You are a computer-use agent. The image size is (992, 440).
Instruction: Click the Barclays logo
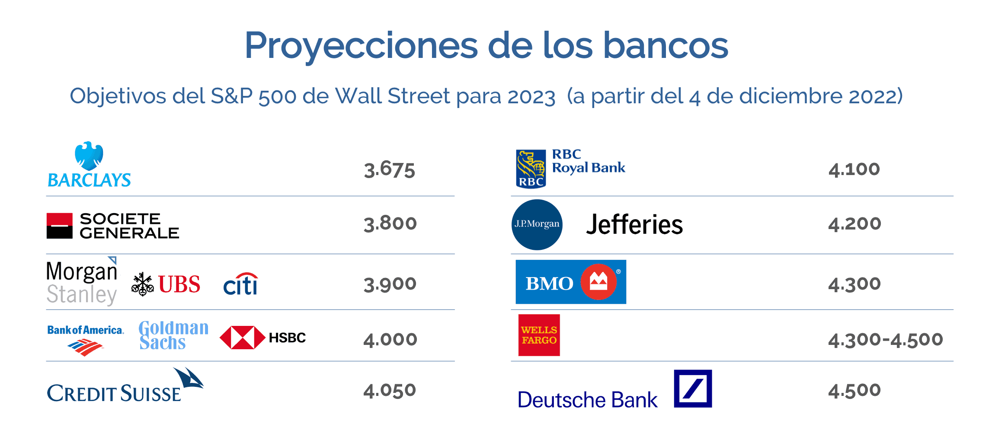coord(89,165)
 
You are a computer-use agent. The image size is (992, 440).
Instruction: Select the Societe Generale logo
coord(113,226)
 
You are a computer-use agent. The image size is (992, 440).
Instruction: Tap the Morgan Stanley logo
coord(82,281)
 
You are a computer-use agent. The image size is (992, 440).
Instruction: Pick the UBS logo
coord(166,284)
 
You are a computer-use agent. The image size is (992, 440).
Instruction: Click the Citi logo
coord(241,284)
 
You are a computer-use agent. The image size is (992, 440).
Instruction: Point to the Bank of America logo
coord(86,340)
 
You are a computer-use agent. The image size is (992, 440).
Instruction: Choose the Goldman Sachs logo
coord(173,335)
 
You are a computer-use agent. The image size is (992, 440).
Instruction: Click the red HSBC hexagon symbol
coord(242,338)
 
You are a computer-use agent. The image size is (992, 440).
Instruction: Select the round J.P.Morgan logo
coord(537,224)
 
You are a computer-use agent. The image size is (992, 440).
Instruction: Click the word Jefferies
coord(634,224)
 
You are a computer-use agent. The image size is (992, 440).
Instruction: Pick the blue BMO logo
coord(571,282)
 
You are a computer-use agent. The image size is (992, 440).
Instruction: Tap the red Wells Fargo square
coord(539,335)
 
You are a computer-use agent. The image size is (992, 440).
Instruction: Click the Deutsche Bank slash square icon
coord(693,389)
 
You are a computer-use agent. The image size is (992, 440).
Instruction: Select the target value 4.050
coord(390,390)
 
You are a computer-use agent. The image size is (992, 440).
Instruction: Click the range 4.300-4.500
coord(886,340)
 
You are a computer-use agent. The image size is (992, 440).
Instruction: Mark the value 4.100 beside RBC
coord(854,169)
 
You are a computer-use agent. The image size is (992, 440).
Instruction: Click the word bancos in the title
coord(666,45)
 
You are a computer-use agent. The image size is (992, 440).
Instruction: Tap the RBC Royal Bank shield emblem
coord(531,169)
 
